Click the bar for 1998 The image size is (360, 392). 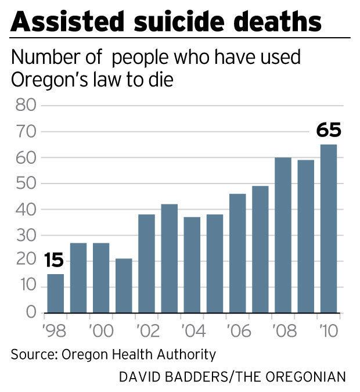(55, 293)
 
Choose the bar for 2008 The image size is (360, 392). (283, 235)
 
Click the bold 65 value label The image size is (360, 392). (328, 130)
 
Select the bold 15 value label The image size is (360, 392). (55, 260)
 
